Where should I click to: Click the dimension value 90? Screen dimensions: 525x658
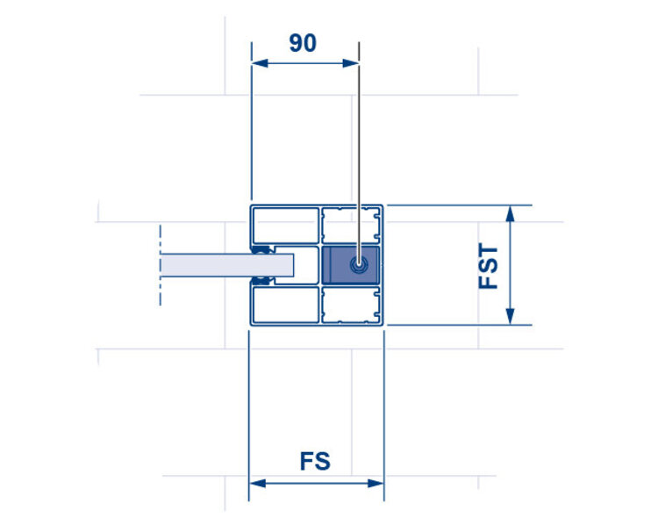(x=303, y=43)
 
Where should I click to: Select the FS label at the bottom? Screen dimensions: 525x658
(x=315, y=461)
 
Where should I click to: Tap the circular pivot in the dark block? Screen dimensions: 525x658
(x=357, y=264)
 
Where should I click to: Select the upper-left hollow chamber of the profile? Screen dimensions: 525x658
(x=285, y=226)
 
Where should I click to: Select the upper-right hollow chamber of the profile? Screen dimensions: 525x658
(x=352, y=226)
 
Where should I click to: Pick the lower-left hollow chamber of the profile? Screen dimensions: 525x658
(x=285, y=303)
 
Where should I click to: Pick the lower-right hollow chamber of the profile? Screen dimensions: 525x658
(x=352, y=303)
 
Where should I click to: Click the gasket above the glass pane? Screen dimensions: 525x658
(x=260, y=250)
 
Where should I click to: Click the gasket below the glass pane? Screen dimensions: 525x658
(x=260, y=279)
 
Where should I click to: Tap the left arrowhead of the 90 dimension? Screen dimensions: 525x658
(x=257, y=62)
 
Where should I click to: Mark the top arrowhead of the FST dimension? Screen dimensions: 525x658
(x=510, y=212)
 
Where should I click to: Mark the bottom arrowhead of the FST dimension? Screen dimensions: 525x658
(x=510, y=319)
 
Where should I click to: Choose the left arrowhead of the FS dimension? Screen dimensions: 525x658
(x=255, y=483)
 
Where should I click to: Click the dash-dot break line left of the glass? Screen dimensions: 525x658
(x=161, y=264)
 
